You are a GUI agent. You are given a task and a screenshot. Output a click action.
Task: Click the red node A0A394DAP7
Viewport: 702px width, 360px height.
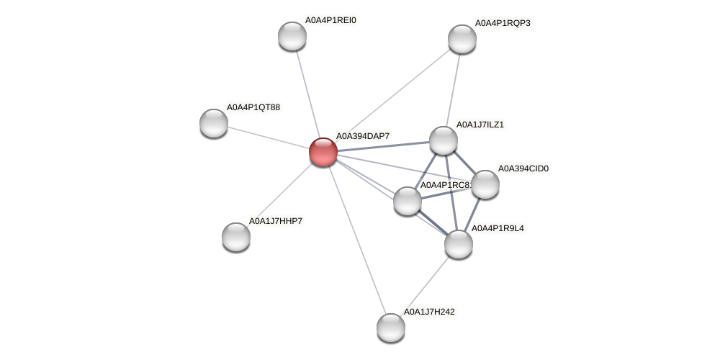[323, 152]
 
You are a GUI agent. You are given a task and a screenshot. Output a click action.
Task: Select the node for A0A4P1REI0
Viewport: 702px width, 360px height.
[292, 36]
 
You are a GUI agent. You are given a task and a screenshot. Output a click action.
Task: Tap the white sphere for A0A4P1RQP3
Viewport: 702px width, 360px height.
[462, 39]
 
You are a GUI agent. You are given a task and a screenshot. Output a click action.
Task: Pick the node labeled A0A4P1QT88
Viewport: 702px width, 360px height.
[214, 123]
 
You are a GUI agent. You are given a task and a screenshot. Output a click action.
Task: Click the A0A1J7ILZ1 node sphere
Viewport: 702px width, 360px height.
[444, 140]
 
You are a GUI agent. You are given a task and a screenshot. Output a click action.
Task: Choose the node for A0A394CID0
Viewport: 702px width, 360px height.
[485, 184]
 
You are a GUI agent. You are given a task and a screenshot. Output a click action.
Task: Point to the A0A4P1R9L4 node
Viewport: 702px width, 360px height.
[459, 244]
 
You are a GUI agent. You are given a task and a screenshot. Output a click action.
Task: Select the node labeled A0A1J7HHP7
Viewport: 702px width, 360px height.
[236, 237]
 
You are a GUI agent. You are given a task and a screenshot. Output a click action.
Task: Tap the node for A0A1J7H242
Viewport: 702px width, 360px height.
[391, 328]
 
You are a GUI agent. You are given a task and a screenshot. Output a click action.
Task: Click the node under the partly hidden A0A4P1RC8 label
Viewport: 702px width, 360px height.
[408, 201]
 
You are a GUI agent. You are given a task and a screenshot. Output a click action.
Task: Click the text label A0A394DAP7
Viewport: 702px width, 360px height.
[362, 136]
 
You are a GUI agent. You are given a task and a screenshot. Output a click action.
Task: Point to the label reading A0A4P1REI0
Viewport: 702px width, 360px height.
[330, 20]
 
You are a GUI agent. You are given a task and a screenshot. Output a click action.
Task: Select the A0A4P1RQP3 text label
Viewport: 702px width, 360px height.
[502, 23]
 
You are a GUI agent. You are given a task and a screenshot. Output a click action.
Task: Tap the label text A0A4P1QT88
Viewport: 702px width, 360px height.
[253, 107]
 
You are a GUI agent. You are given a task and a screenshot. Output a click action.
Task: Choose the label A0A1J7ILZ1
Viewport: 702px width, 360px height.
[480, 125]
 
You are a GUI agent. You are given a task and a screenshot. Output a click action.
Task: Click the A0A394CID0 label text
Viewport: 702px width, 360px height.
[523, 168]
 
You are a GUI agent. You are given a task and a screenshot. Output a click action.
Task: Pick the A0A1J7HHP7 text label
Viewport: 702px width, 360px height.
[275, 221]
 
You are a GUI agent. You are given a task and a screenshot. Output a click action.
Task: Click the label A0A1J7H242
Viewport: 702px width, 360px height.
[428, 312]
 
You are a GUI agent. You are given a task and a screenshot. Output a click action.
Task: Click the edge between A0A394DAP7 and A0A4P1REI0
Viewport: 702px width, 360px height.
[307, 93]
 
